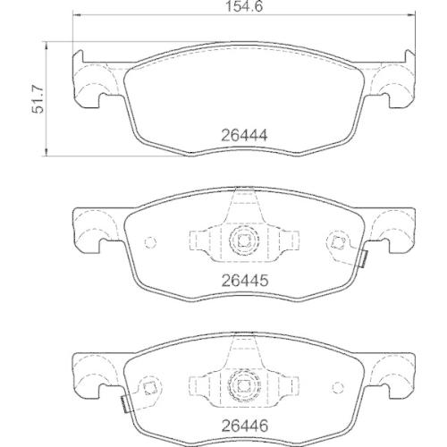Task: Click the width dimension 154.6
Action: [x=244, y=6]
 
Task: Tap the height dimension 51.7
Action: [x=38, y=100]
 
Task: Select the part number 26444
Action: [x=244, y=136]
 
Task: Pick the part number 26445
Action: [x=244, y=281]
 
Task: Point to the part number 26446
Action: [x=244, y=426]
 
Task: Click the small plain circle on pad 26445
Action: [x=150, y=242]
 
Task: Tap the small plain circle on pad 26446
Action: [x=338, y=387]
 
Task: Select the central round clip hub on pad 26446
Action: [x=244, y=385]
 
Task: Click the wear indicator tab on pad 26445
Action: [x=364, y=258]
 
